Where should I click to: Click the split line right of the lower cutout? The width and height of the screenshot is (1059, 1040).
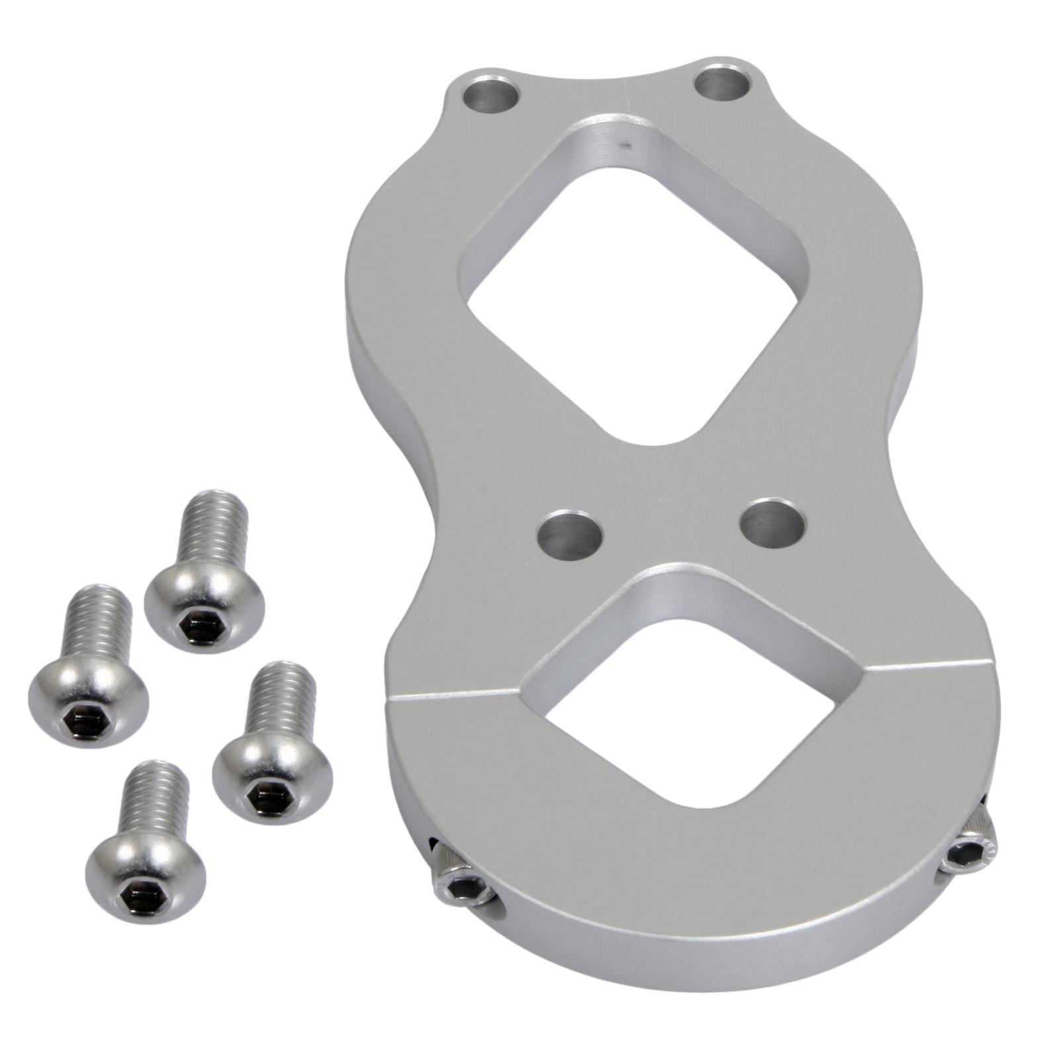pos(927,665)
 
